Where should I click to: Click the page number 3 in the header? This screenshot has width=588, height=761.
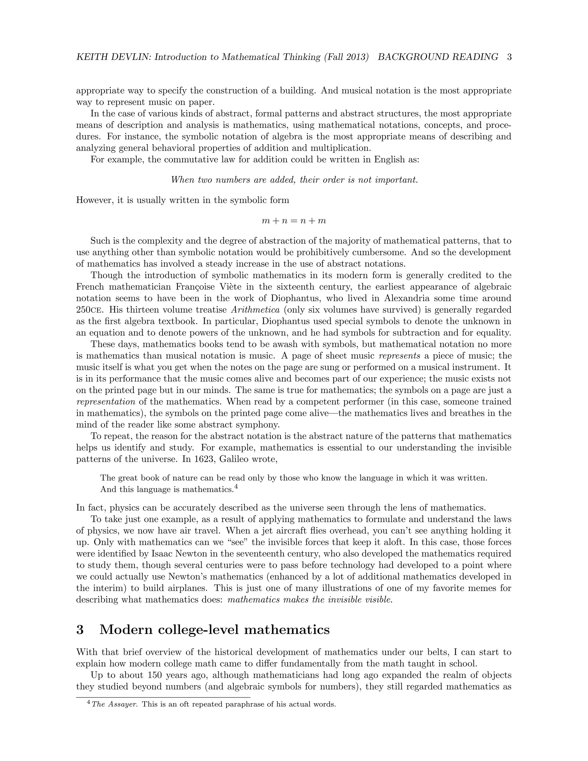click(509, 57)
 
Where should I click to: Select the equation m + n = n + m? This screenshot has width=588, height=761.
click(294, 221)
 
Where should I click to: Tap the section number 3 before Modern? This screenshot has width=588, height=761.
click(80, 630)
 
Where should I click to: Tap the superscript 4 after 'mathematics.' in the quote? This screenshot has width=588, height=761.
click(236, 487)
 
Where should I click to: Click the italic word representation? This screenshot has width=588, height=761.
click(106, 402)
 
